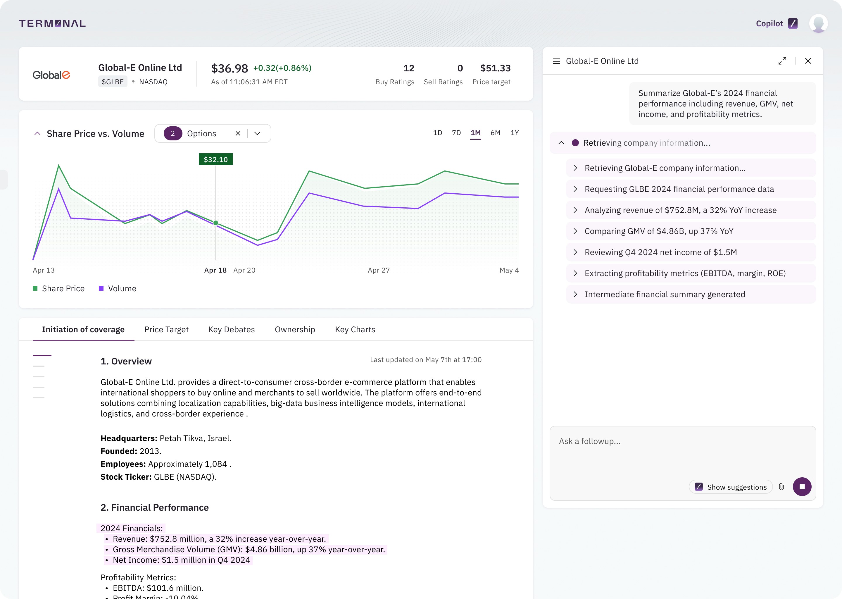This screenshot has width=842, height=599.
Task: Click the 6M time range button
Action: click(x=495, y=133)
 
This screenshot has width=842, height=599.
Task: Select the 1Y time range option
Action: click(x=514, y=133)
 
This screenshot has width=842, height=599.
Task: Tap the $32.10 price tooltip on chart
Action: click(x=216, y=159)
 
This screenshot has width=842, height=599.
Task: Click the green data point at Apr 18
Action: click(x=216, y=223)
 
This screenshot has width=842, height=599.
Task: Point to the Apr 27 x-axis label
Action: click(x=379, y=270)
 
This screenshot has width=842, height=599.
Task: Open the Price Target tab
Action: click(x=166, y=329)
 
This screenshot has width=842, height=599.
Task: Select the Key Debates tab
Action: click(x=231, y=329)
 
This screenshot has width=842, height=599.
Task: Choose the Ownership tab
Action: click(x=294, y=329)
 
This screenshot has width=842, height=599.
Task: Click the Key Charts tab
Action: click(x=355, y=329)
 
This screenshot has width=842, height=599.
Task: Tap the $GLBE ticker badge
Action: click(x=113, y=82)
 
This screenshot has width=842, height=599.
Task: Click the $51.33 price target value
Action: click(x=495, y=68)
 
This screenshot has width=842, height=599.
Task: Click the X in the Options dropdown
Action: click(x=238, y=134)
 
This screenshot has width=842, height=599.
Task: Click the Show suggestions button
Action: click(x=730, y=487)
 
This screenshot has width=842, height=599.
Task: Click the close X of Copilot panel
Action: click(x=808, y=61)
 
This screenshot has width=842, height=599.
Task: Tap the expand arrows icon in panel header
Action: click(x=782, y=61)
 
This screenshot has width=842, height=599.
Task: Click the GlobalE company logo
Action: click(x=51, y=75)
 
